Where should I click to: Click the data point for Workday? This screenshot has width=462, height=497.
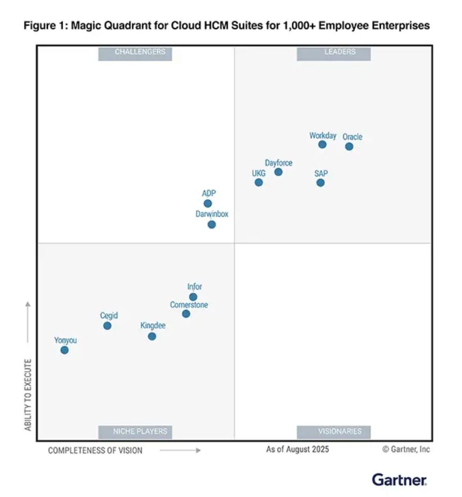[x=322, y=145]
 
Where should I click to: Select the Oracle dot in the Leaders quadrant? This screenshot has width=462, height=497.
[x=349, y=146]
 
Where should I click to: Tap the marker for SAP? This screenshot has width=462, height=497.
[x=320, y=183]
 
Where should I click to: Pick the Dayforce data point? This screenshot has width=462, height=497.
[x=278, y=172]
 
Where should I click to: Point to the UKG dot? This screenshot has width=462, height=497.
[x=259, y=183]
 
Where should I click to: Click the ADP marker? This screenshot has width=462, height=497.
[x=208, y=203]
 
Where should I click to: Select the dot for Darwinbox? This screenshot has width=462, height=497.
[x=212, y=225]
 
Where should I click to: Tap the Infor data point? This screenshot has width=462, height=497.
[x=193, y=297]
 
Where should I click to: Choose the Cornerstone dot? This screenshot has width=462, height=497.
[x=186, y=314]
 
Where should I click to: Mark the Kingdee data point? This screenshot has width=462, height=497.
[x=152, y=337]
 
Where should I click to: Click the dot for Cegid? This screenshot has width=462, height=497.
[x=107, y=326]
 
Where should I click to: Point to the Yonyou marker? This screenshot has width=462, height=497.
[x=65, y=350]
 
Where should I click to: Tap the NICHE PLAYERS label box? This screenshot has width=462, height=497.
[x=135, y=431]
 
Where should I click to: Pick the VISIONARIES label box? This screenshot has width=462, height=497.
[x=334, y=431]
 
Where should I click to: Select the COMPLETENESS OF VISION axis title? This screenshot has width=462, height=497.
[x=95, y=450]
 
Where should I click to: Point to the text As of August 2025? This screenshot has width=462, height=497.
[x=297, y=450]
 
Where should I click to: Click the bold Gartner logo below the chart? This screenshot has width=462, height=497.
[x=399, y=479]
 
